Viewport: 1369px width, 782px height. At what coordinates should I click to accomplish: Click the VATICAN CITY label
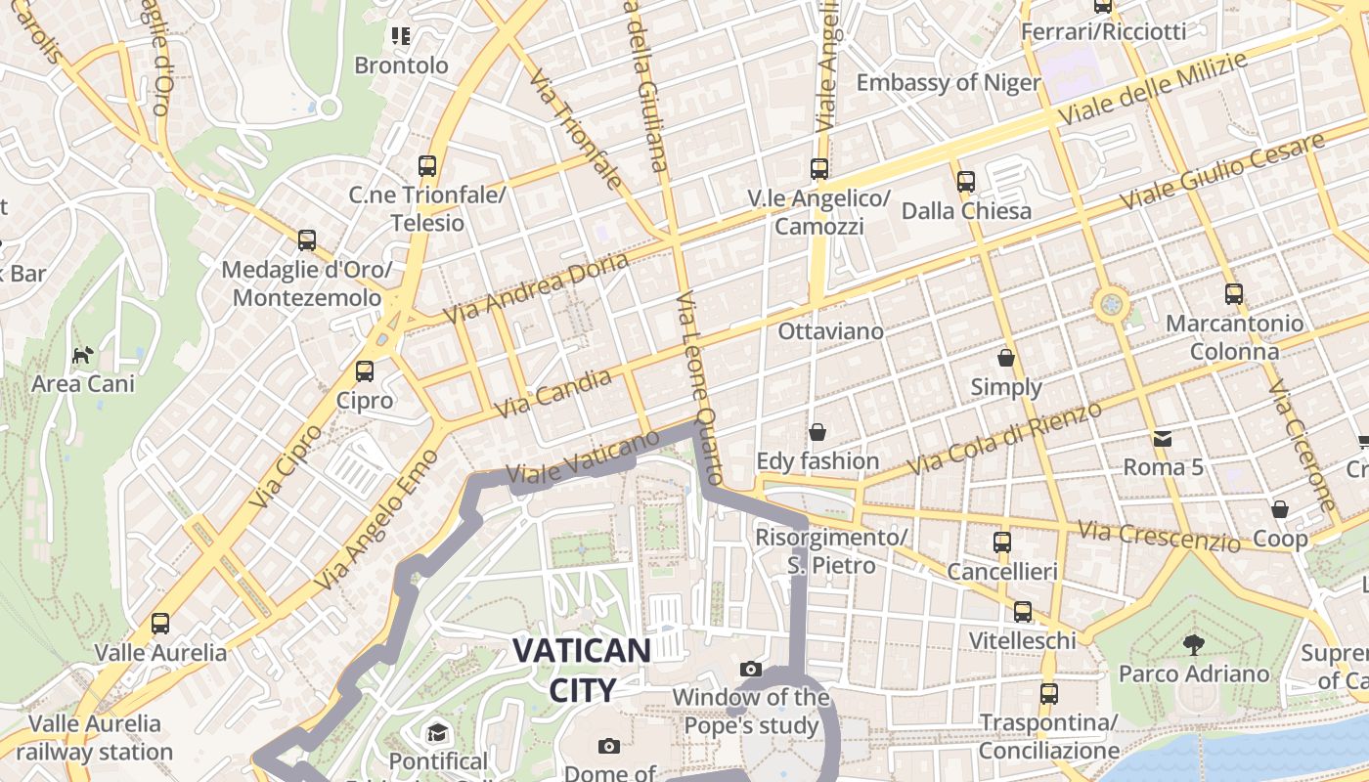(581, 670)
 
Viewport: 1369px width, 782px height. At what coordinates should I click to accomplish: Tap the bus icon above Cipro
(365, 371)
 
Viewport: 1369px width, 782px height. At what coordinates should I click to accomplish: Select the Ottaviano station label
(830, 331)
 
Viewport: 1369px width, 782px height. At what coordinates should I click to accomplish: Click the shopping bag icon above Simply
(1006, 359)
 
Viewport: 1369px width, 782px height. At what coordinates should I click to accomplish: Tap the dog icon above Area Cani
(83, 355)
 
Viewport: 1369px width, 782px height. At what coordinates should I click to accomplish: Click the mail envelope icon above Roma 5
(1163, 439)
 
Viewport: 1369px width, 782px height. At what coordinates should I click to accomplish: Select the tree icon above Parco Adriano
(1193, 644)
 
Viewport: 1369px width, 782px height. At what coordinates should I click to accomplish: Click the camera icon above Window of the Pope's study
(751, 669)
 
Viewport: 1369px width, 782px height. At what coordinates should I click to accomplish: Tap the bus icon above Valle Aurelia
(160, 623)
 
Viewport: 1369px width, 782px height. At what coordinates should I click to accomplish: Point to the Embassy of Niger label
(949, 82)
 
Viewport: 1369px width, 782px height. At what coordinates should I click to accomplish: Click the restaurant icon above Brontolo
(401, 36)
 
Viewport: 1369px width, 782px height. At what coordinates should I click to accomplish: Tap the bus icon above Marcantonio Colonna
(1234, 294)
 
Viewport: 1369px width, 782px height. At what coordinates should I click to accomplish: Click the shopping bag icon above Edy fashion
(817, 432)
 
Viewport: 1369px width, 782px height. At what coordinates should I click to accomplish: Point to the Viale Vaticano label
(584, 457)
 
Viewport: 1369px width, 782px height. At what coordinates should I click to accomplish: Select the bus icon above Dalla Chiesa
(966, 182)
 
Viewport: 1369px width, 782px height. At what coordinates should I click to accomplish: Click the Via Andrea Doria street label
(536, 288)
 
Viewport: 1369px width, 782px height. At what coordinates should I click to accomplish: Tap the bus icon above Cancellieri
(1002, 543)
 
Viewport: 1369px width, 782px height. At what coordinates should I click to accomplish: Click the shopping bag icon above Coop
(1280, 509)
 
